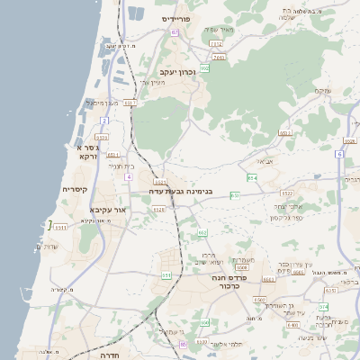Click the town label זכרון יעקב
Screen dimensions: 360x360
177,71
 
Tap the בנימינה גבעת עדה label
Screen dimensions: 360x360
184,191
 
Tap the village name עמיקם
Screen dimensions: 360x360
323,91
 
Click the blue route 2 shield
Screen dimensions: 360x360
104,120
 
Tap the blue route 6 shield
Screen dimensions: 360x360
339,154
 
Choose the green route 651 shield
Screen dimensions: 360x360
234,195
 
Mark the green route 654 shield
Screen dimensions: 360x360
252,178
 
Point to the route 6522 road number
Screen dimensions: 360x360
287,193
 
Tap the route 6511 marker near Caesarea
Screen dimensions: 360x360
112,155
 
